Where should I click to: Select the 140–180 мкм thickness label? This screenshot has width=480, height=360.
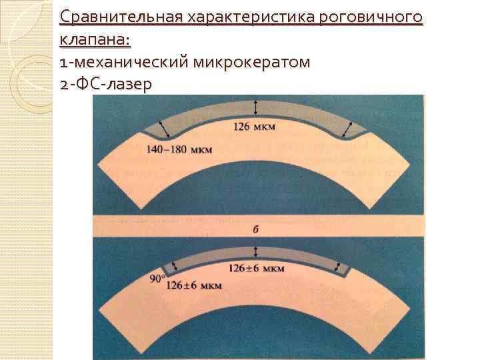coord(178,149)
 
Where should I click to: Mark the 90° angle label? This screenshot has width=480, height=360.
coord(157,279)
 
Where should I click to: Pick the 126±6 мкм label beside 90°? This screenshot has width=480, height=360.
coord(195,285)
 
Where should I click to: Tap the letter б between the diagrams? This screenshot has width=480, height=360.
coord(256,229)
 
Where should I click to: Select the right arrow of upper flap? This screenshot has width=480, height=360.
coord(351,127)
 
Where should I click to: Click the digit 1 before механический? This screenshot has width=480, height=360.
coord(62,63)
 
